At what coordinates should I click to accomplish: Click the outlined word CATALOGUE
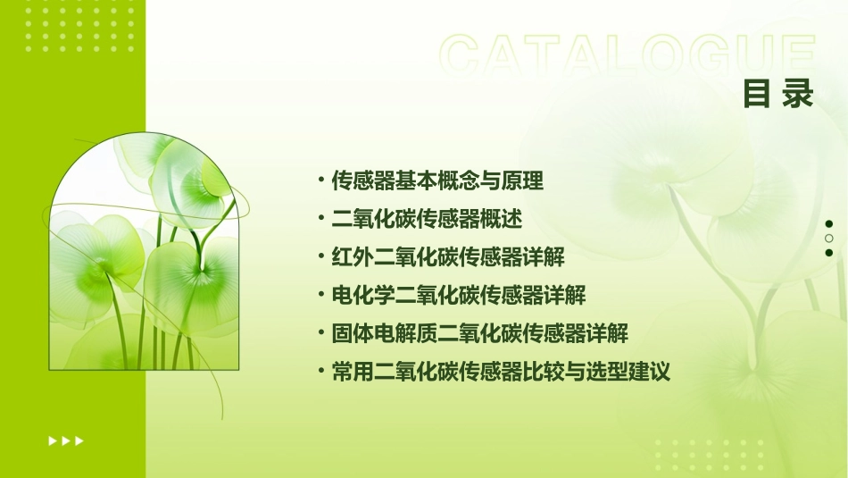[x=627, y=55]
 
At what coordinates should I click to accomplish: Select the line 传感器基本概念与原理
[x=437, y=181]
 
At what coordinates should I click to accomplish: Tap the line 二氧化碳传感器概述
[x=427, y=219]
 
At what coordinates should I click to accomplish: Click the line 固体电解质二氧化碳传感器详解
[x=480, y=333]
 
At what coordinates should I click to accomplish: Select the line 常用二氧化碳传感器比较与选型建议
[x=501, y=372]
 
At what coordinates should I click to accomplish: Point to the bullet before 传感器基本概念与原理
[x=320, y=181]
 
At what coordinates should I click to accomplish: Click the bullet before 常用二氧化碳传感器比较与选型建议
[x=320, y=372]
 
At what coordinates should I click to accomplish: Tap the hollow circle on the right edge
[x=828, y=239]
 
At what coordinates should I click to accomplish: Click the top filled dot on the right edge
[x=828, y=224]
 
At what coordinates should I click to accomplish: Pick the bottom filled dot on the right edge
[x=828, y=253]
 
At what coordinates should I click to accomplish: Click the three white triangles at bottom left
[x=65, y=440]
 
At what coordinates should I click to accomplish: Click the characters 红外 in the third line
[x=353, y=257]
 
